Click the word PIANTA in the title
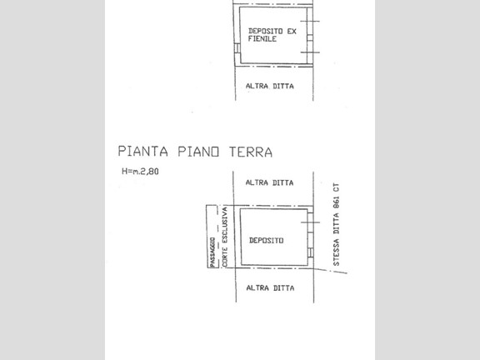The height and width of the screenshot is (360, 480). (143, 152)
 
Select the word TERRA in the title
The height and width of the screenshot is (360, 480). (251, 152)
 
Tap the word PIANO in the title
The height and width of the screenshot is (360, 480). (198, 152)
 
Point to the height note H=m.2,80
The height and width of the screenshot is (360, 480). (140, 171)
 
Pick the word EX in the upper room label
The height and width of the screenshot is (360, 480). (292, 31)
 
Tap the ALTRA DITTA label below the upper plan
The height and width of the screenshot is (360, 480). (270, 86)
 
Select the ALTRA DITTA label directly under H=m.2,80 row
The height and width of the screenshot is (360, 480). (269, 182)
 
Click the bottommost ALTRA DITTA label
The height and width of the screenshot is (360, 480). (270, 288)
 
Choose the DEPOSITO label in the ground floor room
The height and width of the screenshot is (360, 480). (267, 240)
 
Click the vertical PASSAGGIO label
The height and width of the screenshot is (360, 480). (212, 252)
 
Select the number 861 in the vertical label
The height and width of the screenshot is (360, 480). (337, 202)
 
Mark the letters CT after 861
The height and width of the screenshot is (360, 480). (337, 187)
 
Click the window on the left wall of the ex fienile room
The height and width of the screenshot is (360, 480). (237, 48)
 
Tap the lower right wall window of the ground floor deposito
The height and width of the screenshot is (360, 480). (310, 252)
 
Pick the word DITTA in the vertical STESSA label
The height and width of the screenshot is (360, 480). (337, 224)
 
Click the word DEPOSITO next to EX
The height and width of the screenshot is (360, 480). (265, 31)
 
